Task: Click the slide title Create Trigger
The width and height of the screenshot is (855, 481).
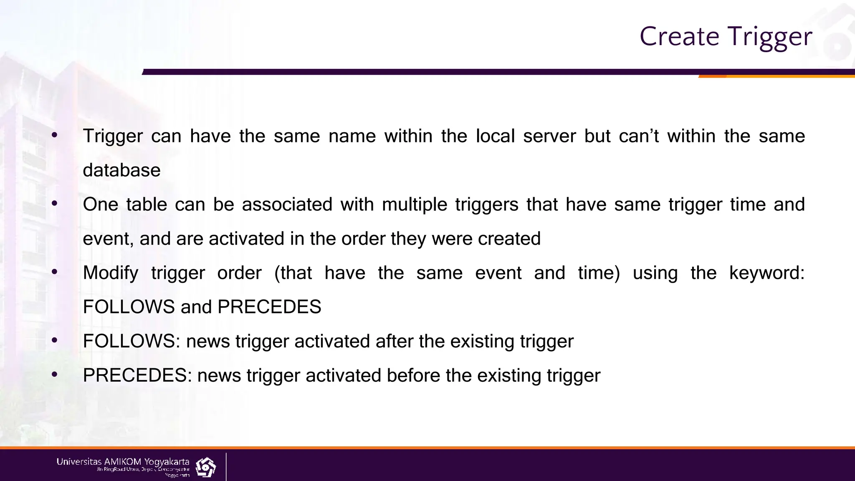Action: [726, 37]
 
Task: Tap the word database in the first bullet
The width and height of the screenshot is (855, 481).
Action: [121, 170]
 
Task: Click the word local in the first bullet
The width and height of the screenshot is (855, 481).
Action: [495, 136]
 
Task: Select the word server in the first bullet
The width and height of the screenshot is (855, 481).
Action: [549, 136]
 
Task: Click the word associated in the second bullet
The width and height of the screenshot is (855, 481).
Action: [287, 205]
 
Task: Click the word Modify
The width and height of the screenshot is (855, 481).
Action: [111, 273]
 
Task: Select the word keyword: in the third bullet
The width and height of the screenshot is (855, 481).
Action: [766, 273]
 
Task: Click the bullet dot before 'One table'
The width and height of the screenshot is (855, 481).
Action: [54, 204]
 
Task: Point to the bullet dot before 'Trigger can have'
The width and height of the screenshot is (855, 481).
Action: [54, 135]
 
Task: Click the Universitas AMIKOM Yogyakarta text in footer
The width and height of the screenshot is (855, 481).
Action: [123, 462]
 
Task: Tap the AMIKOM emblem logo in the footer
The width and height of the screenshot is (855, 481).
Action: [205, 467]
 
